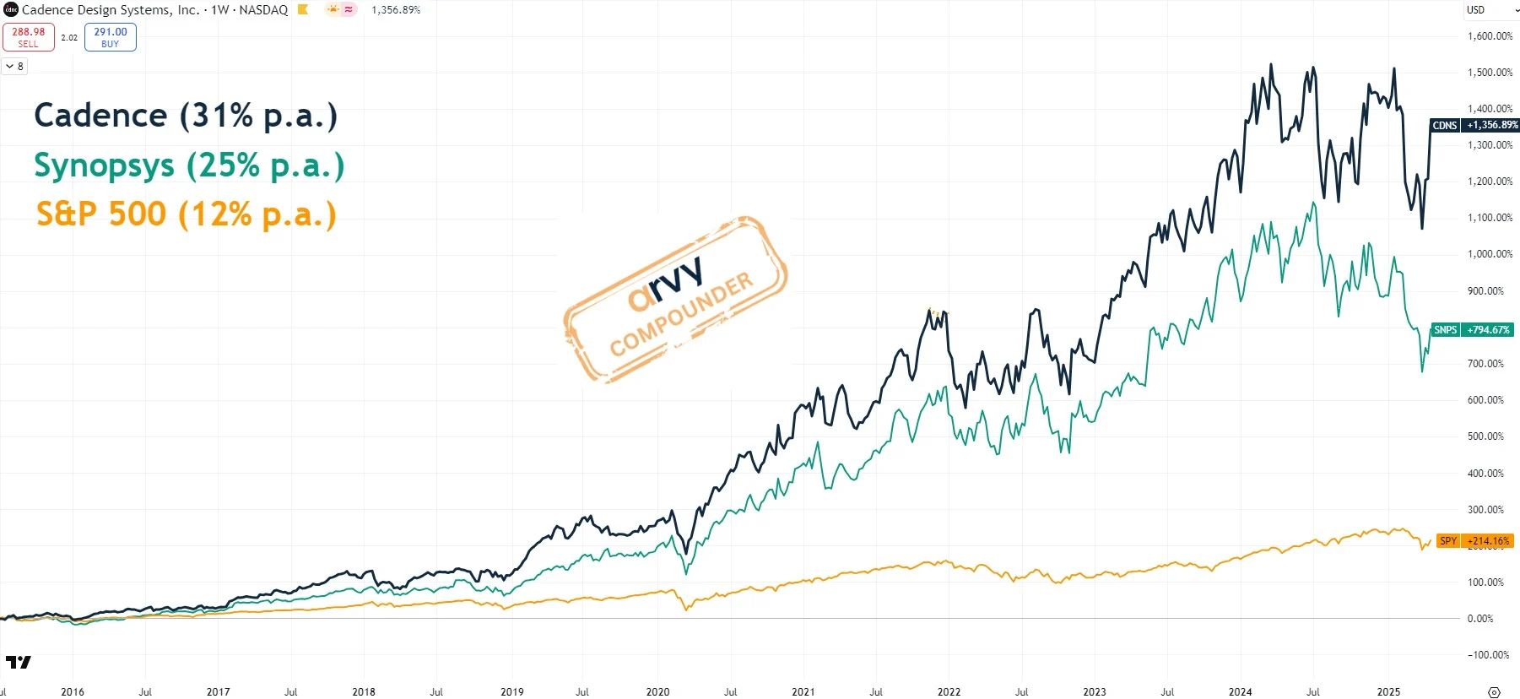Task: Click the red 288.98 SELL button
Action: point(29,37)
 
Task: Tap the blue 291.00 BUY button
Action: point(111,37)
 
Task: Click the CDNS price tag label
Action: point(1444,125)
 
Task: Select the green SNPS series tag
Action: point(1445,330)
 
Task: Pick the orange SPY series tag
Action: point(1447,541)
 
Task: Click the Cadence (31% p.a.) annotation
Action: point(186,116)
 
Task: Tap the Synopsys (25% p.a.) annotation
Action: point(189,165)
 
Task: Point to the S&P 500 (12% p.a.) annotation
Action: point(186,214)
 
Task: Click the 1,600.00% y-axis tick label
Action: point(1490,36)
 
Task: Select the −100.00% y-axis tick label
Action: point(1488,655)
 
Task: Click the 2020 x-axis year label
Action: point(657,692)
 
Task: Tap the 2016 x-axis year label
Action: point(73,692)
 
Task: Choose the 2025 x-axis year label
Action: point(1388,692)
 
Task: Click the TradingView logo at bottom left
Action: point(19,663)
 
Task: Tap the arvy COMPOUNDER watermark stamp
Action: point(675,300)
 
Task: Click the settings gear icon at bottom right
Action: point(1494,692)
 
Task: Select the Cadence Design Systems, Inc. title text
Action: point(111,10)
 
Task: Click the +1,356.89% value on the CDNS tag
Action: point(1491,125)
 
